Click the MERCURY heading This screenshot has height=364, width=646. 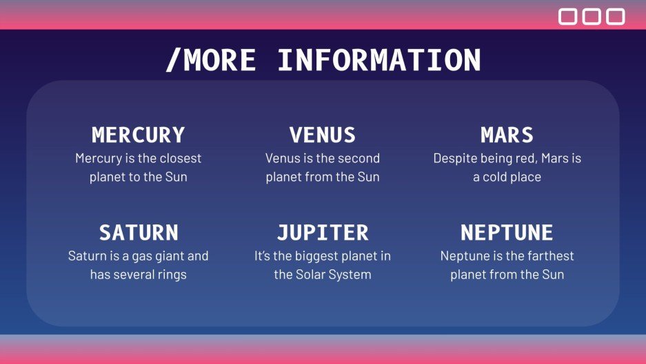(x=138, y=135)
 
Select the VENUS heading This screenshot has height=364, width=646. (x=323, y=135)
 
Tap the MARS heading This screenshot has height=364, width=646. (x=507, y=135)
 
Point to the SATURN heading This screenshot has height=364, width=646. (x=139, y=232)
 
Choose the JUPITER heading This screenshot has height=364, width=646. (x=323, y=232)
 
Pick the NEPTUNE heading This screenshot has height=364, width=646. (x=507, y=232)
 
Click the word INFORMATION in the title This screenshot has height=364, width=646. (x=379, y=60)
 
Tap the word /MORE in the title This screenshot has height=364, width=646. (x=210, y=60)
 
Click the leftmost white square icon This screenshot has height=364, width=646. (x=567, y=17)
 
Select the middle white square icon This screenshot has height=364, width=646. (x=592, y=17)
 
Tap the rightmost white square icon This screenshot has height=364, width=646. (x=616, y=17)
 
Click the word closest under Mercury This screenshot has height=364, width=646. (x=181, y=158)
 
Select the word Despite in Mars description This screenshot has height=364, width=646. (x=450, y=159)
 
